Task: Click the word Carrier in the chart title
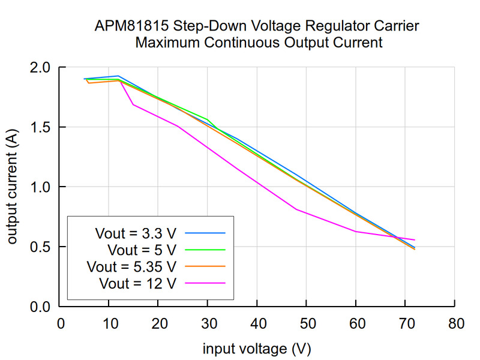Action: point(397,27)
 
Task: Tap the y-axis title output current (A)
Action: point(13,187)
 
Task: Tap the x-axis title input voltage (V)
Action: point(257,348)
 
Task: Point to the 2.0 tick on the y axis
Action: point(41,67)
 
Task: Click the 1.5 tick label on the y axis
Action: point(41,127)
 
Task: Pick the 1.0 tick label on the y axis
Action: point(41,187)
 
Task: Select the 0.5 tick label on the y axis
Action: point(41,247)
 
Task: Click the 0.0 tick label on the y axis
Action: point(41,307)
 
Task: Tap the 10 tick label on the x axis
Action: point(109,324)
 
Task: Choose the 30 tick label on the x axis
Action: point(208,324)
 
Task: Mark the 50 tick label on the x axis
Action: point(307,324)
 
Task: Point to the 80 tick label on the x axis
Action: point(455,324)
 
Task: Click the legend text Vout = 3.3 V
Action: point(136,232)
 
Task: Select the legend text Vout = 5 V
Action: point(142,249)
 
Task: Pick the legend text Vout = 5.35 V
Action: point(131,266)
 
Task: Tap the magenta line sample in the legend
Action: point(205,283)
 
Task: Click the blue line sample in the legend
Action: point(205,232)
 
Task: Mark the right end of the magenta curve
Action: point(415,240)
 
